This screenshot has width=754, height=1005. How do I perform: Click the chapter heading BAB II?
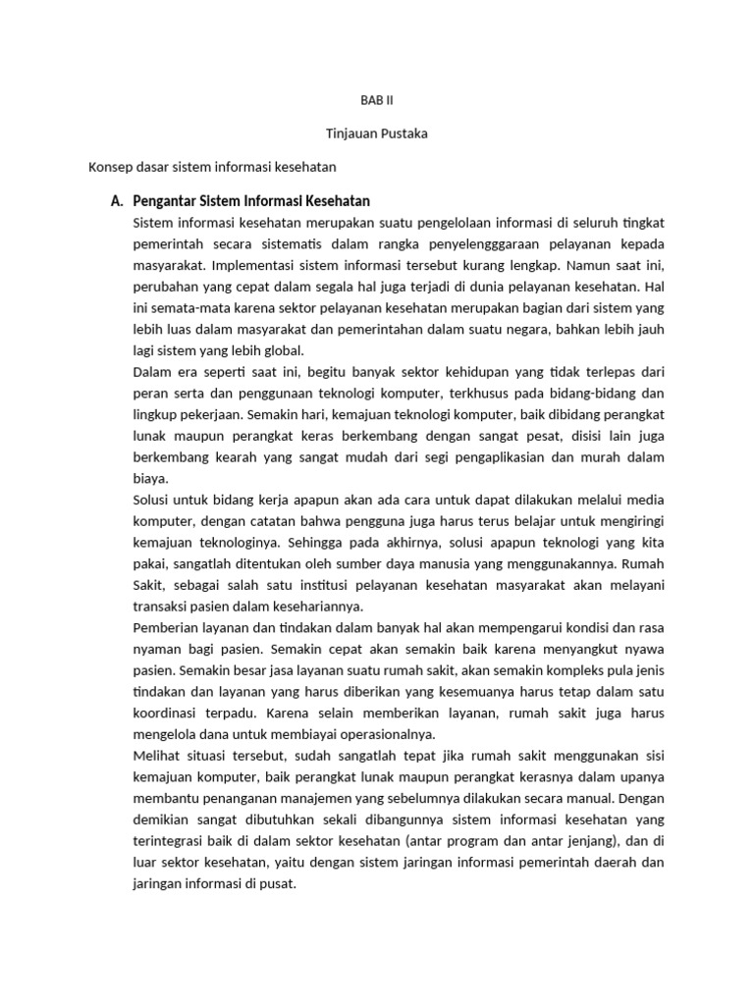click(x=377, y=100)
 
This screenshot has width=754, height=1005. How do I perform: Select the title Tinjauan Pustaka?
click(x=377, y=133)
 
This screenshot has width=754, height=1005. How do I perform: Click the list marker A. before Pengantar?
click(x=117, y=201)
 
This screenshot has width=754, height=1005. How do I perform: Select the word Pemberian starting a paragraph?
click(x=166, y=628)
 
